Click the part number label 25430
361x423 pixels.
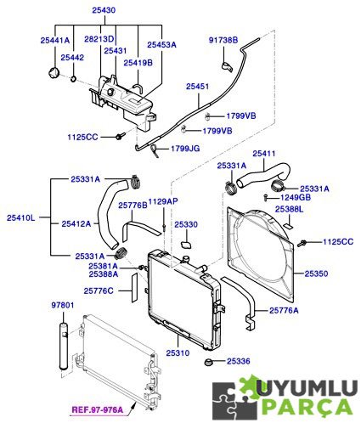click(104, 10)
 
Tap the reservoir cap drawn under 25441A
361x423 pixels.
click(54, 73)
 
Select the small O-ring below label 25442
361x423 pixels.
click(73, 78)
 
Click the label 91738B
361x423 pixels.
click(223, 40)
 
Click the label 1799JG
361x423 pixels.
click(185, 149)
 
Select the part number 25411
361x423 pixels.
click(264, 154)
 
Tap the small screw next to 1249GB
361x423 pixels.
click(266, 197)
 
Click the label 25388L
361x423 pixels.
click(289, 209)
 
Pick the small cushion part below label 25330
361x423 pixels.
click(186, 245)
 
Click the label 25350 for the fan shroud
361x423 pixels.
click(316, 274)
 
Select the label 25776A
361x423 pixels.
click(284, 311)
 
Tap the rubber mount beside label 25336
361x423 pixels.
click(208, 362)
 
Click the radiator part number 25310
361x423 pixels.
click(178, 353)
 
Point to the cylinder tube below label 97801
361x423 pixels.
click(64, 346)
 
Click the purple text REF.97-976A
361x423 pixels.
click(98, 409)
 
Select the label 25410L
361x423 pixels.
click(21, 217)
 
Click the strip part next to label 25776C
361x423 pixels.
click(134, 288)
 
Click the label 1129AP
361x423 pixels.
click(163, 201)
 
